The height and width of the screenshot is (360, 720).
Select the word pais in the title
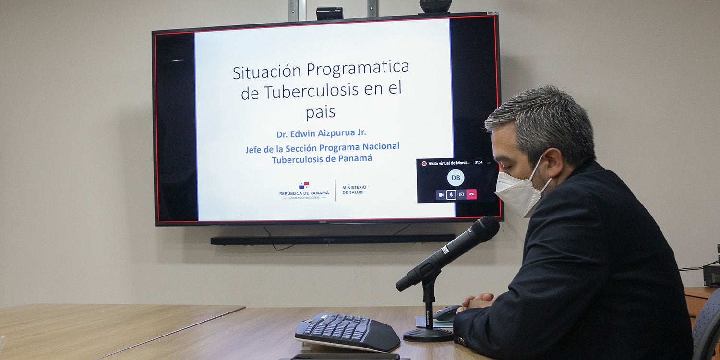(320, 112)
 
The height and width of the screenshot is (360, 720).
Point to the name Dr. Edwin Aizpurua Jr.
(321, 133)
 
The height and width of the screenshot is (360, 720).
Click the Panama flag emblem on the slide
(304, 185)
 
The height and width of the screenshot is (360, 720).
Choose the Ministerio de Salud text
(354, 190)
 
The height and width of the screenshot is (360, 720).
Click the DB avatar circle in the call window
(456, 178)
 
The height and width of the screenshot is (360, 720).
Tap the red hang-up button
(471, 194)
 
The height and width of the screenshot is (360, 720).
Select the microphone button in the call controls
(451, 194)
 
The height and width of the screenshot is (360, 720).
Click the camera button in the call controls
(441, 194)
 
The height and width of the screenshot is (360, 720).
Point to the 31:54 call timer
(479, 163)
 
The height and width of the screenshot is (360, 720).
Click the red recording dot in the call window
(424, 163)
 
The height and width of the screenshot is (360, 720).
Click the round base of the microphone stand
(428, 335)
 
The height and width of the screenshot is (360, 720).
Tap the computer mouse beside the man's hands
(446, 313)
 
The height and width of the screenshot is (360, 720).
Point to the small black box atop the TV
(329, 13)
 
